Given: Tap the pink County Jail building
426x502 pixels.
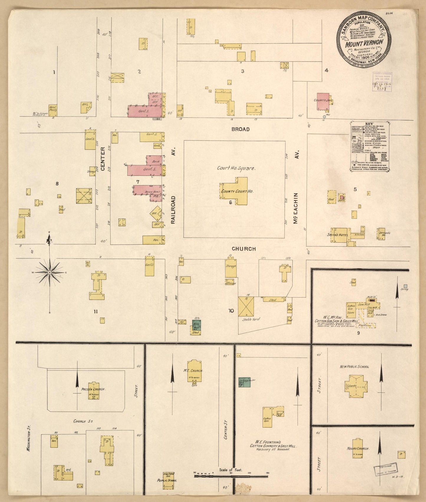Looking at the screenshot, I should click(x=323, y=101).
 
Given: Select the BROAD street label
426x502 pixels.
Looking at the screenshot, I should click(x=240, y=129).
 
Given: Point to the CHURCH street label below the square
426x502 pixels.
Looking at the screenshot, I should click(x=243, y=249).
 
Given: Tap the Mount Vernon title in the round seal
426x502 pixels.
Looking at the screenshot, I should click(x=364, y=42).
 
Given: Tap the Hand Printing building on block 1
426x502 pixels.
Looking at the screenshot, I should click(x=53, y=110).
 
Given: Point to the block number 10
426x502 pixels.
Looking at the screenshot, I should click(x=231, y=310).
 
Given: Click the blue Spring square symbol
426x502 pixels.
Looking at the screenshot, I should click(x=405, y=286).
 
